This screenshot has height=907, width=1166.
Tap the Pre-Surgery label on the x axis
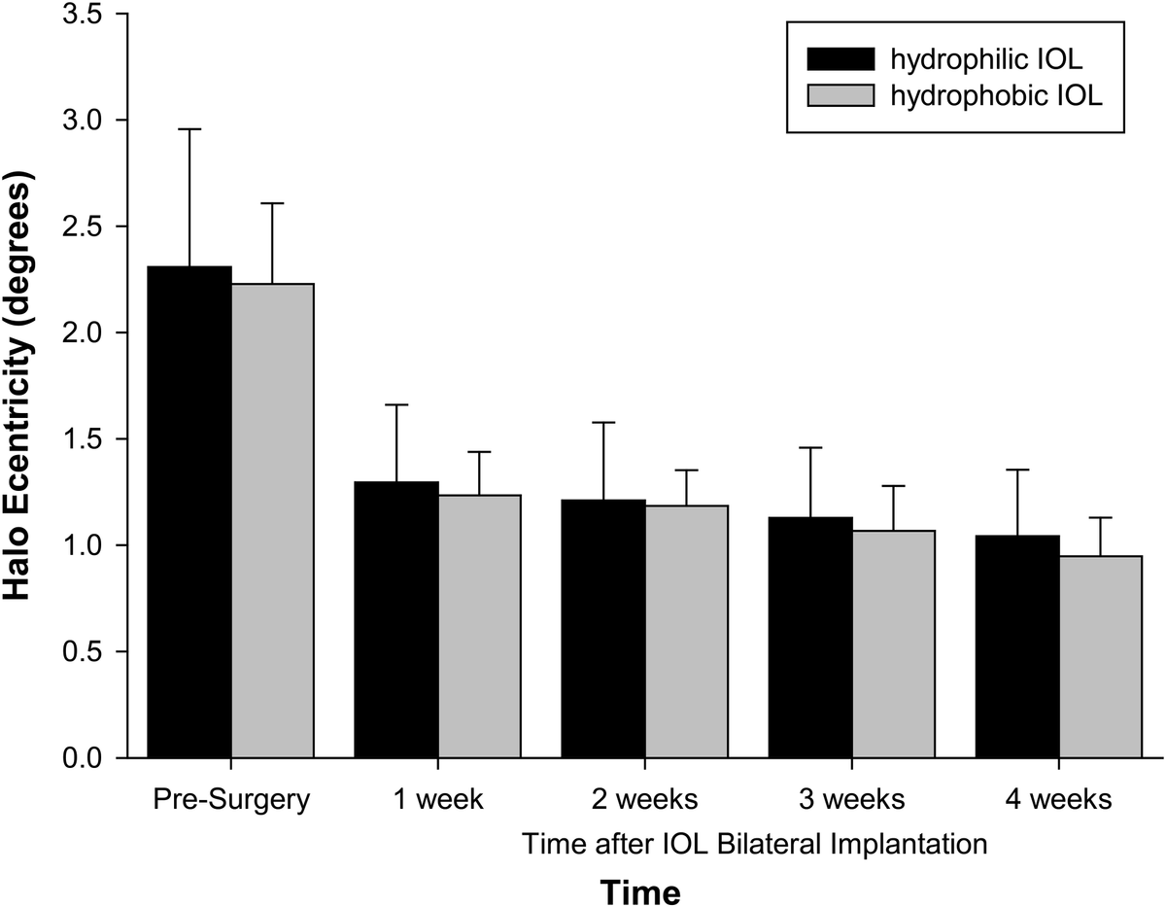[x=231, y=800]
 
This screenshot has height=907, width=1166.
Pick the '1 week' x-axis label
[x=438, y=800]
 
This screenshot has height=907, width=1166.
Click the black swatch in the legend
[x=840, y=60]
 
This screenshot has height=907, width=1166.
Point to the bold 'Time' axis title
[x=638, y=890]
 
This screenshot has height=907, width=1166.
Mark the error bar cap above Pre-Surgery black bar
[x=189, y=129]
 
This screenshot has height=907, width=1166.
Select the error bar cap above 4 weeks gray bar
[x=1100, y=517]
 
